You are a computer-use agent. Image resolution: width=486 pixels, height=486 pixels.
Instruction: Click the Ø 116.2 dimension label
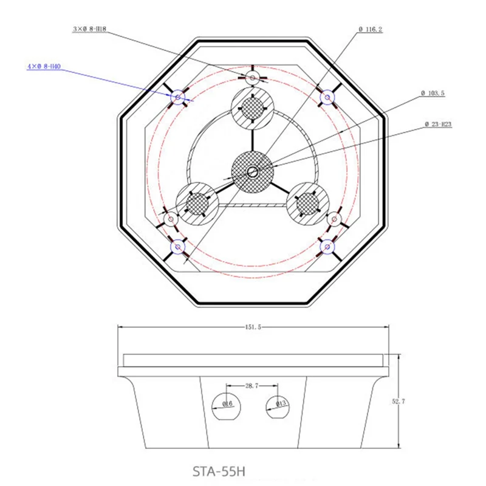coord(371,30)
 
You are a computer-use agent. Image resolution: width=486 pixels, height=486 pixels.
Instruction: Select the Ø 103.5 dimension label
coord(433,94)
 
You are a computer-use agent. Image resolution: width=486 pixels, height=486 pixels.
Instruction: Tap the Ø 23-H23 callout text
coord(438,125)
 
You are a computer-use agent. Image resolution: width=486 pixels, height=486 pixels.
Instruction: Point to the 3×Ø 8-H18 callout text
coord(89,29)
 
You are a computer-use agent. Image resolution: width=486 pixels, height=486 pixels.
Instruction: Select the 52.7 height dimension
coord(399,402)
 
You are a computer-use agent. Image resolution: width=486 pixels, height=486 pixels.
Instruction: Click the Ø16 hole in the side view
coord(226,405)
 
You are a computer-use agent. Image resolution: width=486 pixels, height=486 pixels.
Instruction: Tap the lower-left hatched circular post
coord(197,203)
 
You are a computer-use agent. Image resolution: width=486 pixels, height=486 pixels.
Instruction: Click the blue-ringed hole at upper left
coord(178,97)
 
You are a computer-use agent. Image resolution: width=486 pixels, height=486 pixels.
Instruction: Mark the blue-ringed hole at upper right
coord(327,97)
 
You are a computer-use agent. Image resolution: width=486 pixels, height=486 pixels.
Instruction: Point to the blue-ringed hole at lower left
coord(178,246)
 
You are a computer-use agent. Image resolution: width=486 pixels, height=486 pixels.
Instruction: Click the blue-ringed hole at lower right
coord(327,246)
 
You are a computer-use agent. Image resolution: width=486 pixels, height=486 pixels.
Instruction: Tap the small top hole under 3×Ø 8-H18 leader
coord(252,77)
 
